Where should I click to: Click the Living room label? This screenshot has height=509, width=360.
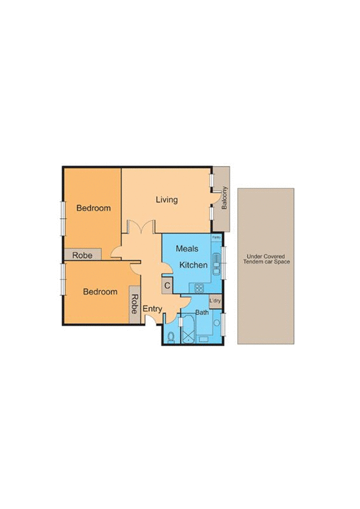[167, 200]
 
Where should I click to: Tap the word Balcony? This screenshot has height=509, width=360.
[225, 198]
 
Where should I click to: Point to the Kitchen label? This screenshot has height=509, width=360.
[193, 265]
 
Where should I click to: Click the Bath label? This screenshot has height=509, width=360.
[202, 312]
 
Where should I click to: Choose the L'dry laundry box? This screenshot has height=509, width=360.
[215, 301]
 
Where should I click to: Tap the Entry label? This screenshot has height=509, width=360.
[153, 309]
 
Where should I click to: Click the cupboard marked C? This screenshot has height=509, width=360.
[167, 286]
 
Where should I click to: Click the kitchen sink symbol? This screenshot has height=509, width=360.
[216, 260]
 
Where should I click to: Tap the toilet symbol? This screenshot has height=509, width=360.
[171, 336]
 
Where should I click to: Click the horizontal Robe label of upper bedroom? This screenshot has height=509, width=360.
[82, 255]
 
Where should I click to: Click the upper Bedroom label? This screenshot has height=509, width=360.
[93, 208]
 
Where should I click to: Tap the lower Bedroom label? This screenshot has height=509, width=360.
[100, 292]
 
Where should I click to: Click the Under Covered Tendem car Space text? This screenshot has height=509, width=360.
[266, 260]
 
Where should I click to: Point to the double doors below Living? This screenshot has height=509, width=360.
[140, 227]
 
